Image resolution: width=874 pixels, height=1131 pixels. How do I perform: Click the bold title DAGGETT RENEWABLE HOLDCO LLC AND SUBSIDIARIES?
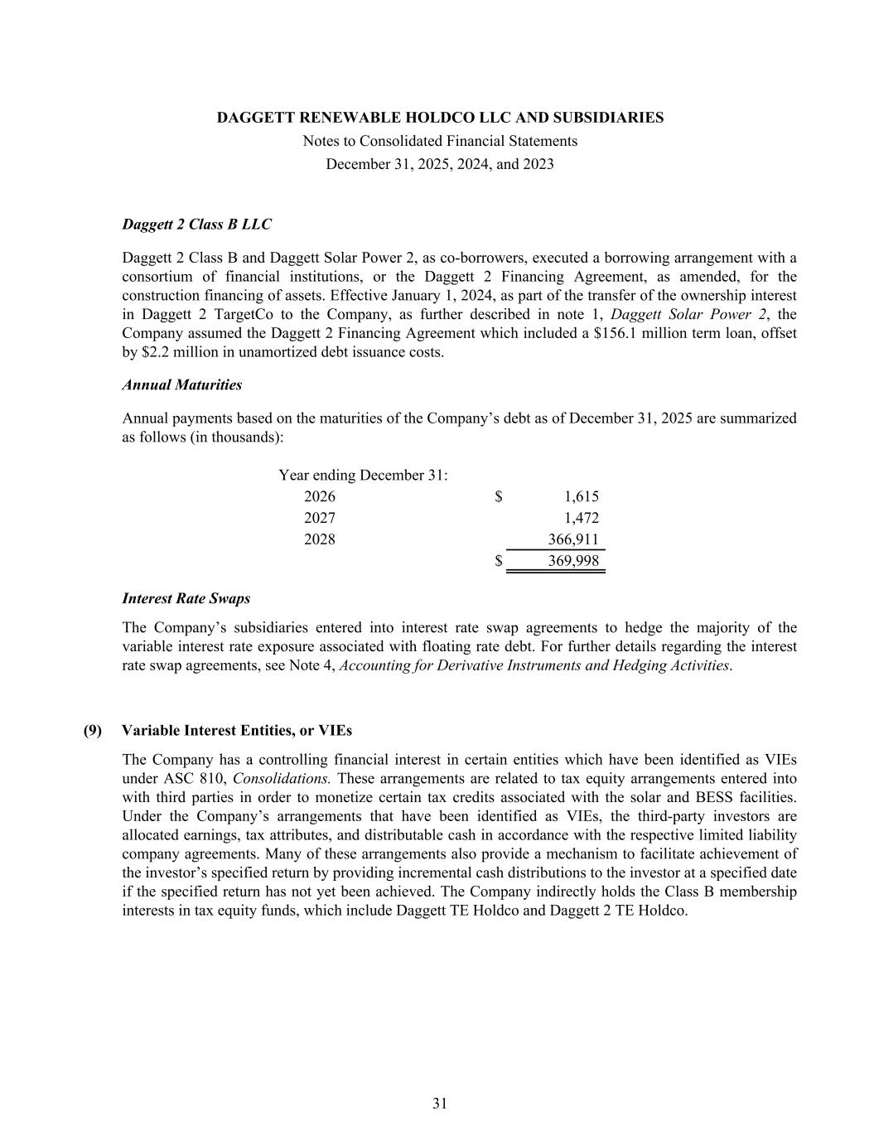440,118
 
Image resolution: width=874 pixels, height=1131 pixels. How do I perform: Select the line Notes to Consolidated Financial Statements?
440,141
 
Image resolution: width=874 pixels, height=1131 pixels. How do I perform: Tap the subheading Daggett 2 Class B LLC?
196,225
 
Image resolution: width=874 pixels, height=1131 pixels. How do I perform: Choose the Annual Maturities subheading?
182,385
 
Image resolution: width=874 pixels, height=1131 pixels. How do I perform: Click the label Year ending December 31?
364,476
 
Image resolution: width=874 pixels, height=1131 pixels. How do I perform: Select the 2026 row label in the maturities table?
320,497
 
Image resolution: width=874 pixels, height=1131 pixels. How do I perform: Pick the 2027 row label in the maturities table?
320,519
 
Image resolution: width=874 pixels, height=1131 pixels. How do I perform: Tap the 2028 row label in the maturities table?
320,540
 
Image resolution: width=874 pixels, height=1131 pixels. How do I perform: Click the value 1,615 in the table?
581,497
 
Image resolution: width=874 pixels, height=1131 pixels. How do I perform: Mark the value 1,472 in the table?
581,519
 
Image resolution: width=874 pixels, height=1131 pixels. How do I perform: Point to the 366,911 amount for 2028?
573,540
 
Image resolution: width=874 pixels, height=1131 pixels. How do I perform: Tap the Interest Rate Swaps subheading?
186,598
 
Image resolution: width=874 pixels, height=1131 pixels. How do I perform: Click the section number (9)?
93,731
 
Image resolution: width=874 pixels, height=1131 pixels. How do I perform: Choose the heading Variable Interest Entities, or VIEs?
237,731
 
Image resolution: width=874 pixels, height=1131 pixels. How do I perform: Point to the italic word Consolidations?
282,779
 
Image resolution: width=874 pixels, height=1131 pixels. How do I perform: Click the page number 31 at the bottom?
440,1104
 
